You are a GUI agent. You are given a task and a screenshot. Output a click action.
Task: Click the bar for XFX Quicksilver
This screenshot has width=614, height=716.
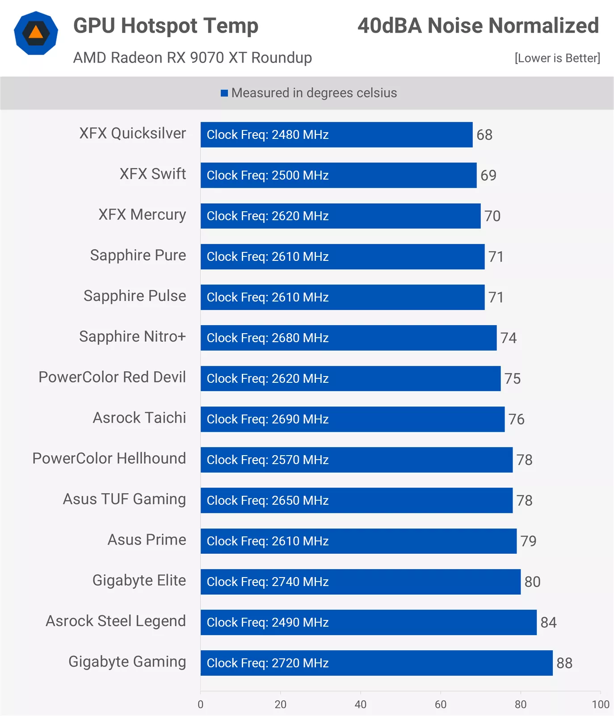tap(336, 134)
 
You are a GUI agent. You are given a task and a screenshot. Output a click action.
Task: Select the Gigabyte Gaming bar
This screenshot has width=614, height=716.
tap(376, 663)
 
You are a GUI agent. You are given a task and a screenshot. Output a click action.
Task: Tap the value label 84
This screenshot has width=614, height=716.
tap(548, 622)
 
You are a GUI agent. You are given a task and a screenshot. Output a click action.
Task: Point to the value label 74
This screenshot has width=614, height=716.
tap(509, 338)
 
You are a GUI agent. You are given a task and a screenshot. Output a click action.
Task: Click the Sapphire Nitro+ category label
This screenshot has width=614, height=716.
tap(132, 336)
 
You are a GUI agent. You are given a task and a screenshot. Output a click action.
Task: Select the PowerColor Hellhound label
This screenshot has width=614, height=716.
tap(109, 458)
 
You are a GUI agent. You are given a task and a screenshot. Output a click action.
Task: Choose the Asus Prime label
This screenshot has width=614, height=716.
tap(147, 540)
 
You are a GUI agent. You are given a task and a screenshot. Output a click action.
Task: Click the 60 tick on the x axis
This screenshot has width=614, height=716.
tap(441, 704)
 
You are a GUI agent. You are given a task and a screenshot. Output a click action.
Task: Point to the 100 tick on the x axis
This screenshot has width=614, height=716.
tap(600, 704)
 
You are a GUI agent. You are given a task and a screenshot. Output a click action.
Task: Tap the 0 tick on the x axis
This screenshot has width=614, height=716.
tap(201, 704)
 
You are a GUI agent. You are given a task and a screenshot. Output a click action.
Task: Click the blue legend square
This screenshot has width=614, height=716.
tap(224, 93)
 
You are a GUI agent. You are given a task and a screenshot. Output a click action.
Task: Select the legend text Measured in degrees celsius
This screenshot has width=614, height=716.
tap(314, 93)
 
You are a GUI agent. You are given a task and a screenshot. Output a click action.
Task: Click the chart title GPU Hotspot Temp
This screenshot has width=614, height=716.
tap(166, 25)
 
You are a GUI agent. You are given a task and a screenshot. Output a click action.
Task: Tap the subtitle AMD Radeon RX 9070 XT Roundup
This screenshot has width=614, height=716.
tap(193, 58)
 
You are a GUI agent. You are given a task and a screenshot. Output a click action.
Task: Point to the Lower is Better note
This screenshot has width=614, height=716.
tap(557, 58)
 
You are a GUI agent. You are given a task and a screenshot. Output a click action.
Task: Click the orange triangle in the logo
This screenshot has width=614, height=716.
tap(36, 32)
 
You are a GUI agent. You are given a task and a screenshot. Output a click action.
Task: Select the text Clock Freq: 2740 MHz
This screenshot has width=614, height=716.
tap(268, 582)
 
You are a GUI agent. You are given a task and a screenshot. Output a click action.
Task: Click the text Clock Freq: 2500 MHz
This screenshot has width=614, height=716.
tap(268, 175)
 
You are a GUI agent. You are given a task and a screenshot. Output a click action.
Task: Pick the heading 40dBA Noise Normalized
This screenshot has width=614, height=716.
tap(478, 25)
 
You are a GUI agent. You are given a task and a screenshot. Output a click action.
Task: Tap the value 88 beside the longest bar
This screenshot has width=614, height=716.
tap(564, 663)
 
